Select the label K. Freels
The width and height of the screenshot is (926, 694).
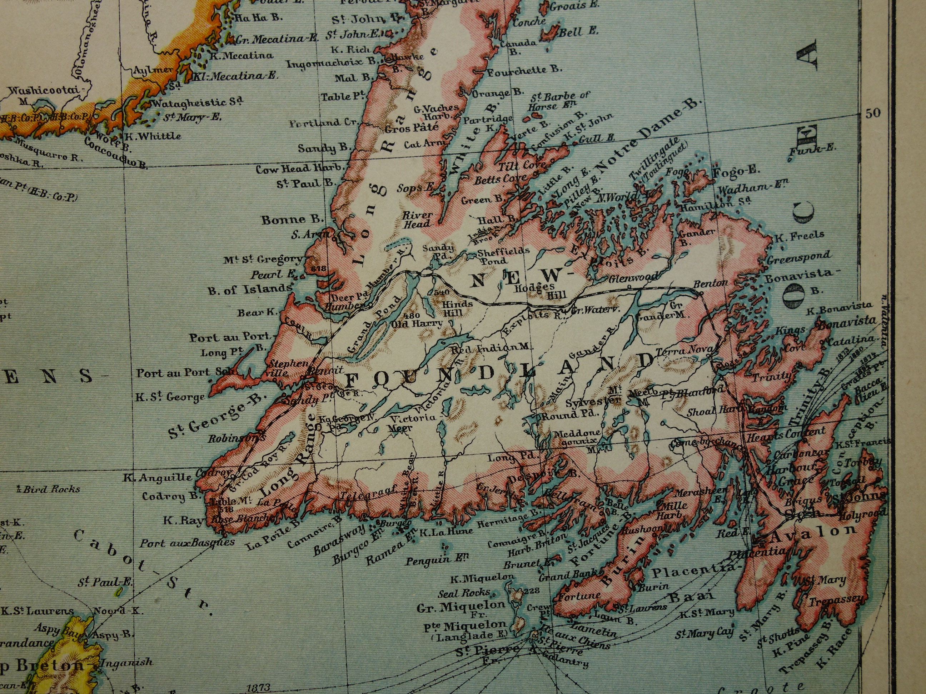coord(799,236)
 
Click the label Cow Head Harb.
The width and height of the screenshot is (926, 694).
coord(289,169)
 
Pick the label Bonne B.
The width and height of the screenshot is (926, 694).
coord(293,219)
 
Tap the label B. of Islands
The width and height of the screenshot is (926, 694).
coord(250,289)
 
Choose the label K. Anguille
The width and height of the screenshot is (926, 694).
coord(158,477)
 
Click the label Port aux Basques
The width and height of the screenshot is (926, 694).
coord(187,543)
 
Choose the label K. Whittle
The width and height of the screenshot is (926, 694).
coord(153,136)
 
